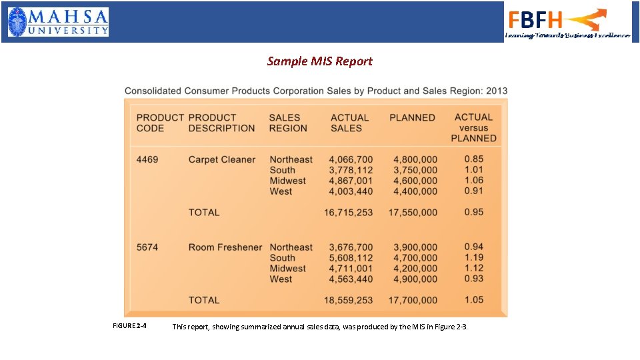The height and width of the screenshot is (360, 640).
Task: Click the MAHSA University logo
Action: [58, 22]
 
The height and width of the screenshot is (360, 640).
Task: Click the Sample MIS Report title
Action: [319, 61]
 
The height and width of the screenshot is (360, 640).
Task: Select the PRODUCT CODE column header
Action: [160, 123]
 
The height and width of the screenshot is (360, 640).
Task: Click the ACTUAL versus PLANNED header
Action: [474, 127]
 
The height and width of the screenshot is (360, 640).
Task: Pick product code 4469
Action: [147, 159]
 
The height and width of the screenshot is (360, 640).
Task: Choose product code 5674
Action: [147, 247]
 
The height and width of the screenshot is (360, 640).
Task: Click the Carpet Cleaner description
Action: [222, 159]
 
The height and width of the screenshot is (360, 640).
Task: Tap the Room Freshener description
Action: [225, 247]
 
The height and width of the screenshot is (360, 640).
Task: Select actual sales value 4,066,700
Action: [351, 159]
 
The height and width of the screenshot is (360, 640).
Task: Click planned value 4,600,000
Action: [415, 181]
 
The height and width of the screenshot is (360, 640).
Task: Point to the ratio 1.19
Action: [474, 257]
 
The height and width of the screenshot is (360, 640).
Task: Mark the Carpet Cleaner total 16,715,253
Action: [348, 213]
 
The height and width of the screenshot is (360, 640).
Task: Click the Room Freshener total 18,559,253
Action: [348, 301]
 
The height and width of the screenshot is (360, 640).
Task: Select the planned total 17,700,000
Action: [413, 301]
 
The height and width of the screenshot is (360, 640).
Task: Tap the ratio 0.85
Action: [474, 159]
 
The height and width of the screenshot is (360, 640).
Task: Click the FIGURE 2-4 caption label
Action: [131, 326]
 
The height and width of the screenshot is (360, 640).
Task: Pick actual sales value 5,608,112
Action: [351, 258]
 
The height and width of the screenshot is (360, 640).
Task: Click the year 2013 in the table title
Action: [496, 91]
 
